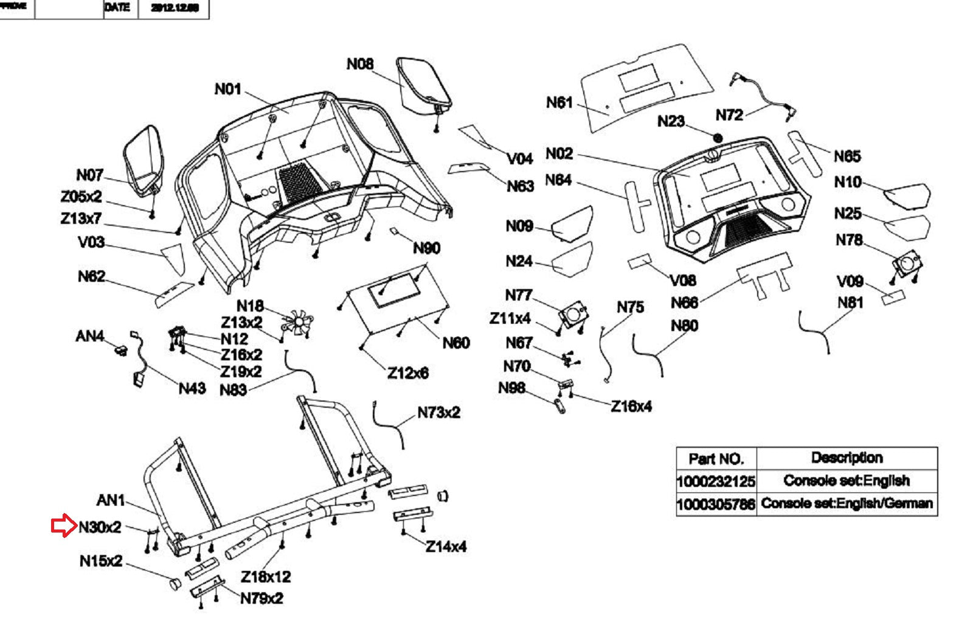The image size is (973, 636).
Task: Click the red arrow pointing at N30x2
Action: pos(63,526)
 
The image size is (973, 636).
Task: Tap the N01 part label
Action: pos(228,89)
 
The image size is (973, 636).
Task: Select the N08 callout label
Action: pos(360,64)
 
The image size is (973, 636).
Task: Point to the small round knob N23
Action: pos(718,139)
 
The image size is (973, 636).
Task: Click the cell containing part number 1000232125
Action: pos(716,481)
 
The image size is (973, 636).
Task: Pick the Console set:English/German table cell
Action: pos(847,504)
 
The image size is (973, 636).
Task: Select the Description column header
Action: pos(847,458)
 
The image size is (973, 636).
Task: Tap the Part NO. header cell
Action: pos(716,458)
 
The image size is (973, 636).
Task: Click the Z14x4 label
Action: pos(446,547)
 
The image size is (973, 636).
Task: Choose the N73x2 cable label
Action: pos(438,413)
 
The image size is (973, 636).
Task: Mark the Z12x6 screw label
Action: pos(408,372)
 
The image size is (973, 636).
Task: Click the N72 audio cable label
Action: pos(729,115)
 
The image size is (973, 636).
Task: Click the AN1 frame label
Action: pos(111,500)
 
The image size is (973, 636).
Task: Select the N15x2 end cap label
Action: pos(101,561)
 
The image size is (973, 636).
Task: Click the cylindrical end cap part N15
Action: pos(174,584)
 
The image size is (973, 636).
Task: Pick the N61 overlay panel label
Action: pos(559,103)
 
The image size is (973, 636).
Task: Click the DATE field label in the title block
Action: pos(117,8)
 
